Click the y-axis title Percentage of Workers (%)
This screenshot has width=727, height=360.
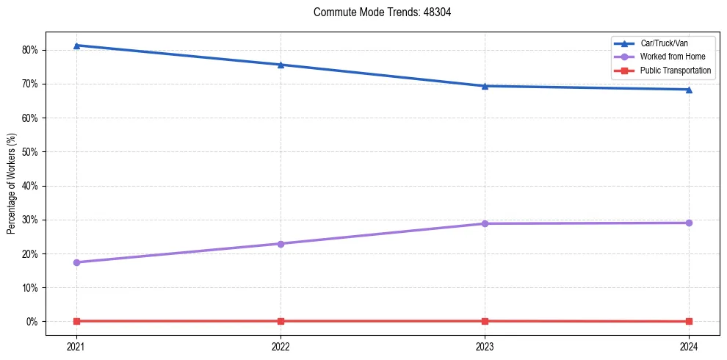point(11,184)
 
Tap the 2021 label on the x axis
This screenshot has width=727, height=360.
point(76,346)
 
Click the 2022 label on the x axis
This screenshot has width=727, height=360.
point(281,346)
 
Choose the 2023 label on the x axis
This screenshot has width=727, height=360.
point(485,346)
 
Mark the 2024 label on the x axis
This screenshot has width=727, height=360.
point(689,346)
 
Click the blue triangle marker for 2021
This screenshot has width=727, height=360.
point(76,46)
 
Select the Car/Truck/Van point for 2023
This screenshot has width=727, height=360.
point(485,86)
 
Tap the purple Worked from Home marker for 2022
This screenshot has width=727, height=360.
point(281,244)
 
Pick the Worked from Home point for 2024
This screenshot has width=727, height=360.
point(689,223)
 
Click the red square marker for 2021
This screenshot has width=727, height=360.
point(76,321)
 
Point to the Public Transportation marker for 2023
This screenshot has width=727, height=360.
point(485,321)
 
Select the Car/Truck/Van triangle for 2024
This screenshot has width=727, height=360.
point(689,90)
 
